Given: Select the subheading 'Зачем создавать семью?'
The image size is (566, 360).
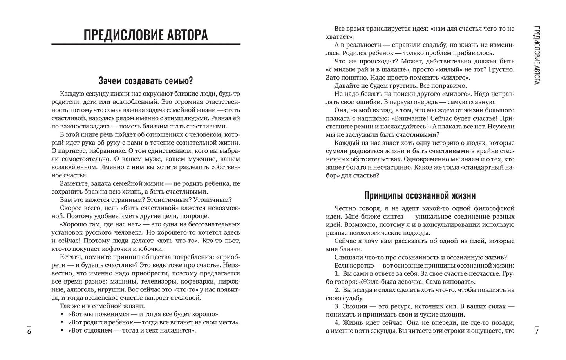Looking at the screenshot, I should (146, 81).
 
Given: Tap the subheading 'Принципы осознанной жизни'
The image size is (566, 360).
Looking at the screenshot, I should (420, 195).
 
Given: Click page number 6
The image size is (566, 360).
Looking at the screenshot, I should (29, 331).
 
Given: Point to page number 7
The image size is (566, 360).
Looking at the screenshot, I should (537, 331).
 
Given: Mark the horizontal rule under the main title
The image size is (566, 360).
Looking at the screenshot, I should (146, 44).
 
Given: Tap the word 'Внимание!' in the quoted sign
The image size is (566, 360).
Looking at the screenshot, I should (403, 118).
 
